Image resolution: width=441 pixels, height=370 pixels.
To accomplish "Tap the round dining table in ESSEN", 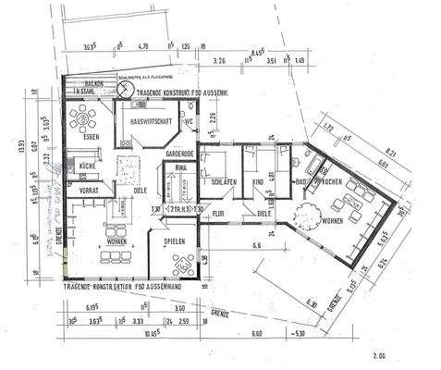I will pos(87,118).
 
